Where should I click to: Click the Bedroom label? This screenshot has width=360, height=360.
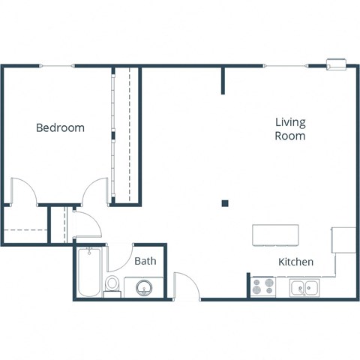coord(60,127)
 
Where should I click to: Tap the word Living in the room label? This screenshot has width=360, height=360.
coord(290,122)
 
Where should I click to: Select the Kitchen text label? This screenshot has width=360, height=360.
coord(295,262)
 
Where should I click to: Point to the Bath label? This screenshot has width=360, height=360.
coord(145,261)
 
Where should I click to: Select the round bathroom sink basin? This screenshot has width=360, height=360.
coord(142,287)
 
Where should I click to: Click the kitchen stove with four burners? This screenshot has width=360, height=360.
coord(262,286)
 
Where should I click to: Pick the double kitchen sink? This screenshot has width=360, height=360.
coord(304,286)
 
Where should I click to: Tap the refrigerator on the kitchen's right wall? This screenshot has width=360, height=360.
coord(343,240)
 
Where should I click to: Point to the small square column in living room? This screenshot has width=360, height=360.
coord(224,202)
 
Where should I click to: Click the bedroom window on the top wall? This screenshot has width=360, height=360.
coord(57,67)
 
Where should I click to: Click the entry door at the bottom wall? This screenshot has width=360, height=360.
coord(186,286)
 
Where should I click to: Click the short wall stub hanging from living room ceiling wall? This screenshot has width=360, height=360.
coord(223,80)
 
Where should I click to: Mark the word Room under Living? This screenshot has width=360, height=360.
coord(290,136)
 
